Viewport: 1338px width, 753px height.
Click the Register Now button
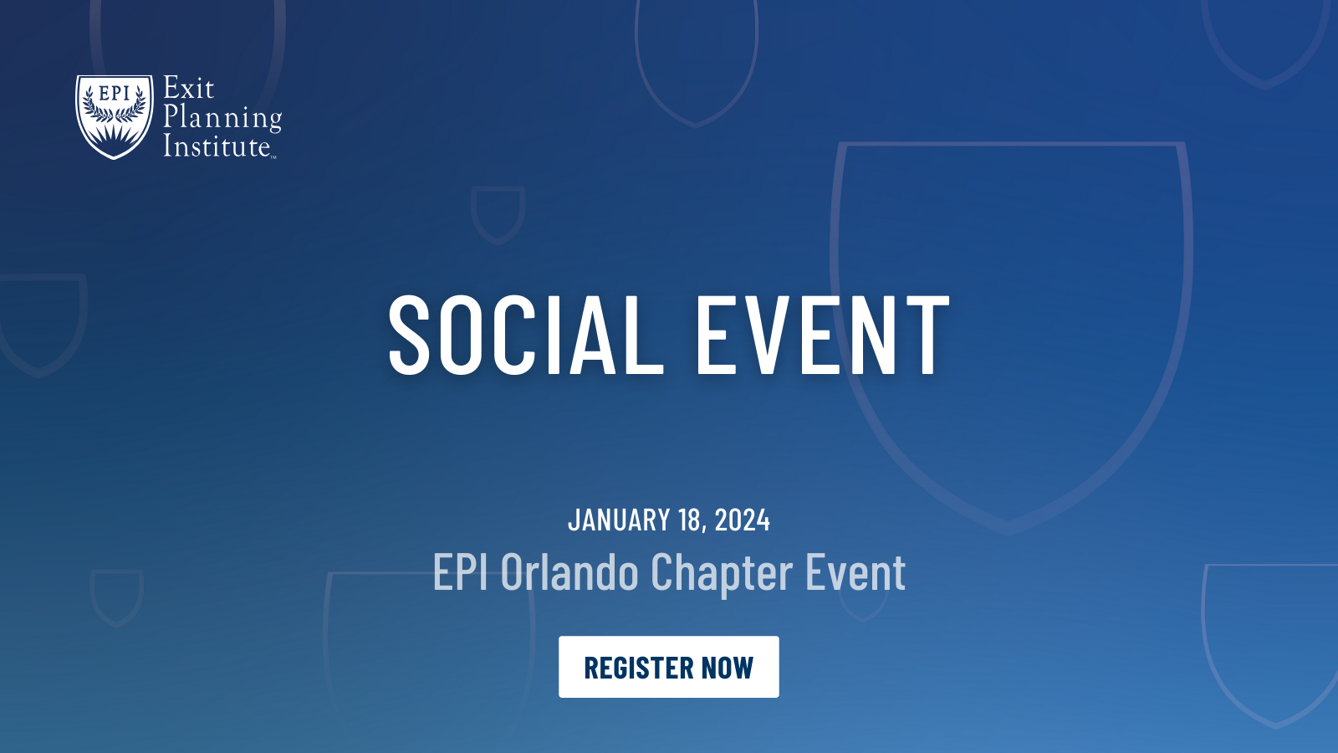pos(668,667)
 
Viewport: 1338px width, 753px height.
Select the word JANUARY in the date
pos(619,520)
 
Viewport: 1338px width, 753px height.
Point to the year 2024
pos(742,520)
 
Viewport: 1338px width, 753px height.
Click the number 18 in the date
pos(692,520)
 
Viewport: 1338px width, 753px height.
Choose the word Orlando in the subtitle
pos(569,573)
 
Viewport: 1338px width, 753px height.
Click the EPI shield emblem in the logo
pos(115,116)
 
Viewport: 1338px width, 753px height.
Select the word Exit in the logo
pos(188,89)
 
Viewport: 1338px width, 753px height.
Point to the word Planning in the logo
pos(222,118)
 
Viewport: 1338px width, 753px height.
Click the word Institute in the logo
pos(217,146)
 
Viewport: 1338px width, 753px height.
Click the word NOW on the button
pos(728,668)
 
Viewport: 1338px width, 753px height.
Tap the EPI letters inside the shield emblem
pos(115,93)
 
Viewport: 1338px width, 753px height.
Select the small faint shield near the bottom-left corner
pos(116,596)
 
